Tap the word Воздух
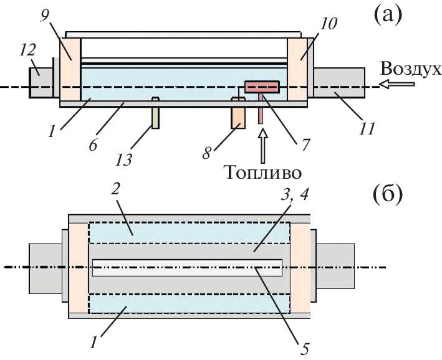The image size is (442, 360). [411, 69]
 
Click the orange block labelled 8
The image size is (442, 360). [237, 116]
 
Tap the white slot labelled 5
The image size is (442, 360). [187, 268]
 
